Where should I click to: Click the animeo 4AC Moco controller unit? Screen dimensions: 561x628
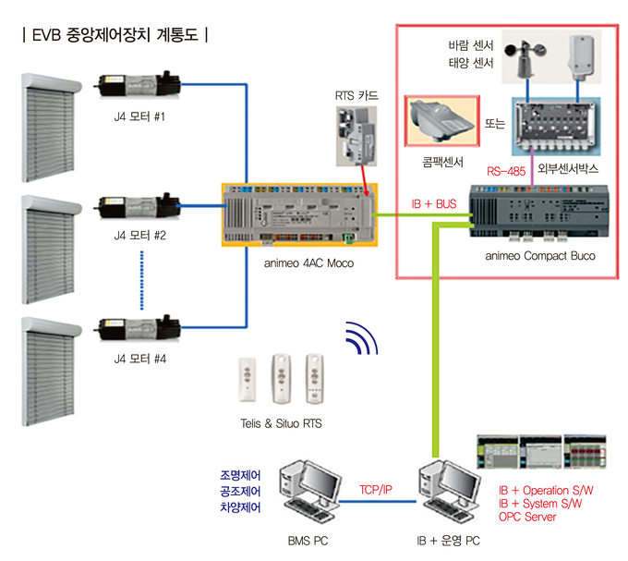(x=298, y=213)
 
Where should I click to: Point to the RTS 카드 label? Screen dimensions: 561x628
(x=357, y=94)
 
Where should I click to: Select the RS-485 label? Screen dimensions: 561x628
(x=511, y=170)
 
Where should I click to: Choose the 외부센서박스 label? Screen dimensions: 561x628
(x=569, y=170)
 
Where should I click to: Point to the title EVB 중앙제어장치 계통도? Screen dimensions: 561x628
(x=115, y=37)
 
